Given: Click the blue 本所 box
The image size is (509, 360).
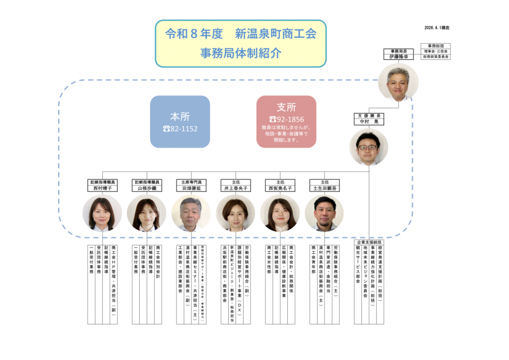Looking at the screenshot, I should tap(180, 122).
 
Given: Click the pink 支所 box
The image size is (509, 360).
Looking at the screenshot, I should tap(286, 122).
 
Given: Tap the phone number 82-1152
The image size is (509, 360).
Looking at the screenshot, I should tap(180, 129).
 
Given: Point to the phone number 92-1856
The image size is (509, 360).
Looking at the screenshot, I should tap(286, 119).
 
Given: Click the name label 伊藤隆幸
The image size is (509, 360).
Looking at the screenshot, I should tap(399, 57).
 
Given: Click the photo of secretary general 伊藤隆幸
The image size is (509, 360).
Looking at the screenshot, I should tap(398, 83).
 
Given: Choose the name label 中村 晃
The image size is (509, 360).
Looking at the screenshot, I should tap(369, 121).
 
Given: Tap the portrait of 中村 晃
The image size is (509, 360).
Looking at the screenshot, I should tap(368, 147).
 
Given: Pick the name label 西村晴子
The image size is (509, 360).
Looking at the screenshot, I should tap(102, 188).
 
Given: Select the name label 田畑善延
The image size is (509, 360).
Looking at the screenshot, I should tap(191, 188).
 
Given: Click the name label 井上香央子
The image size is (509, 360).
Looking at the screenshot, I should tap(235, 188).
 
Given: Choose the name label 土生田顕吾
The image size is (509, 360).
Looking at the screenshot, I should tap(324, 188).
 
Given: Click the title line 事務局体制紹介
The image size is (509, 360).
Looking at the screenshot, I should tap(240, 52).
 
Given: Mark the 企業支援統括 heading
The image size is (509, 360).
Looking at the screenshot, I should tap(369, 242).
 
